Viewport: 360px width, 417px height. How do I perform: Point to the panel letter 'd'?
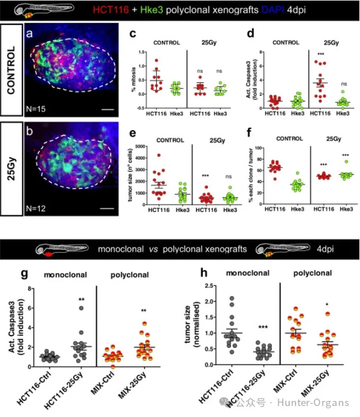[x=250, y=33]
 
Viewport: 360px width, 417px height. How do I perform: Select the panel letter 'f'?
[x=249, y=134]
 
